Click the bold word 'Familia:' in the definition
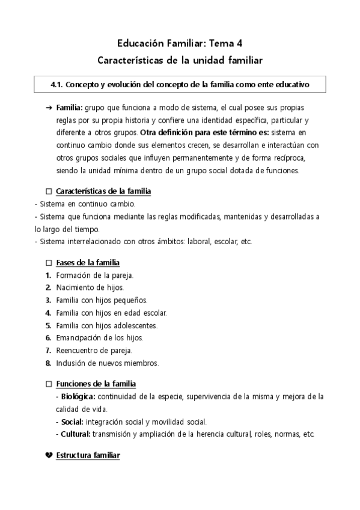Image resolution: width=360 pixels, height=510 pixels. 70,107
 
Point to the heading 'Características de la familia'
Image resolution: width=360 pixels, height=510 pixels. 103,191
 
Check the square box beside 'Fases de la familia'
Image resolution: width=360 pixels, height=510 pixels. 49,263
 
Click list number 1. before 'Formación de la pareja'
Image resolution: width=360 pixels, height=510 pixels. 48,275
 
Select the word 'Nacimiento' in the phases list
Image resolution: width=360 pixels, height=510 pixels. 75,287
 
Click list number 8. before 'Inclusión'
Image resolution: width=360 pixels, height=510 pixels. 48,363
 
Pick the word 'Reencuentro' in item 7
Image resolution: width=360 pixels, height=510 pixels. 77,350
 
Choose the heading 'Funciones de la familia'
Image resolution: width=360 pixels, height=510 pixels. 96,384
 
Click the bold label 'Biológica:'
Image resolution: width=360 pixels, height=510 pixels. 78,396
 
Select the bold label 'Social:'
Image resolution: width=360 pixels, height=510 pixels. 72,422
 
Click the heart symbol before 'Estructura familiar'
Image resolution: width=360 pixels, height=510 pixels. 49,455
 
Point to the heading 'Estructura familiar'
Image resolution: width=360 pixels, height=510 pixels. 88,455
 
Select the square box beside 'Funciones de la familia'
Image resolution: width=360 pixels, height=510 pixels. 49,384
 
